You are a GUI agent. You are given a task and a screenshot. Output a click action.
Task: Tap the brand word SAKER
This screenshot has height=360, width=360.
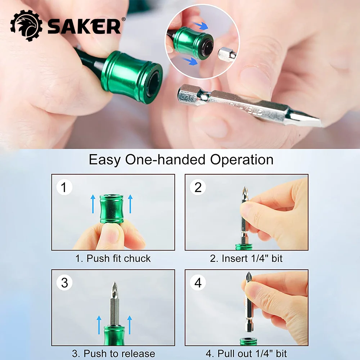coord(84,27)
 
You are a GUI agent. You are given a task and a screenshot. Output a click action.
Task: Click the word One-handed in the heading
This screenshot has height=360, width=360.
coord(166,159)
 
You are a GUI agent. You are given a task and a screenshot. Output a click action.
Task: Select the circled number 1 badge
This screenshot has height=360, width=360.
coord(64,188)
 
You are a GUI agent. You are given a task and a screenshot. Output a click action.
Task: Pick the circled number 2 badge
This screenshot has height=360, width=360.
coord(198,188)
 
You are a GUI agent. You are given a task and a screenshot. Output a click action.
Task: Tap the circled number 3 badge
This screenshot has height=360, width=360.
coord(64,283)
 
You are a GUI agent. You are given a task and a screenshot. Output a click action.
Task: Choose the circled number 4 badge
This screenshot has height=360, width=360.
coord(198,283)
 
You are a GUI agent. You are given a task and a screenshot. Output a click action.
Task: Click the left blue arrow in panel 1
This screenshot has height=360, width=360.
coord(93,203)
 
